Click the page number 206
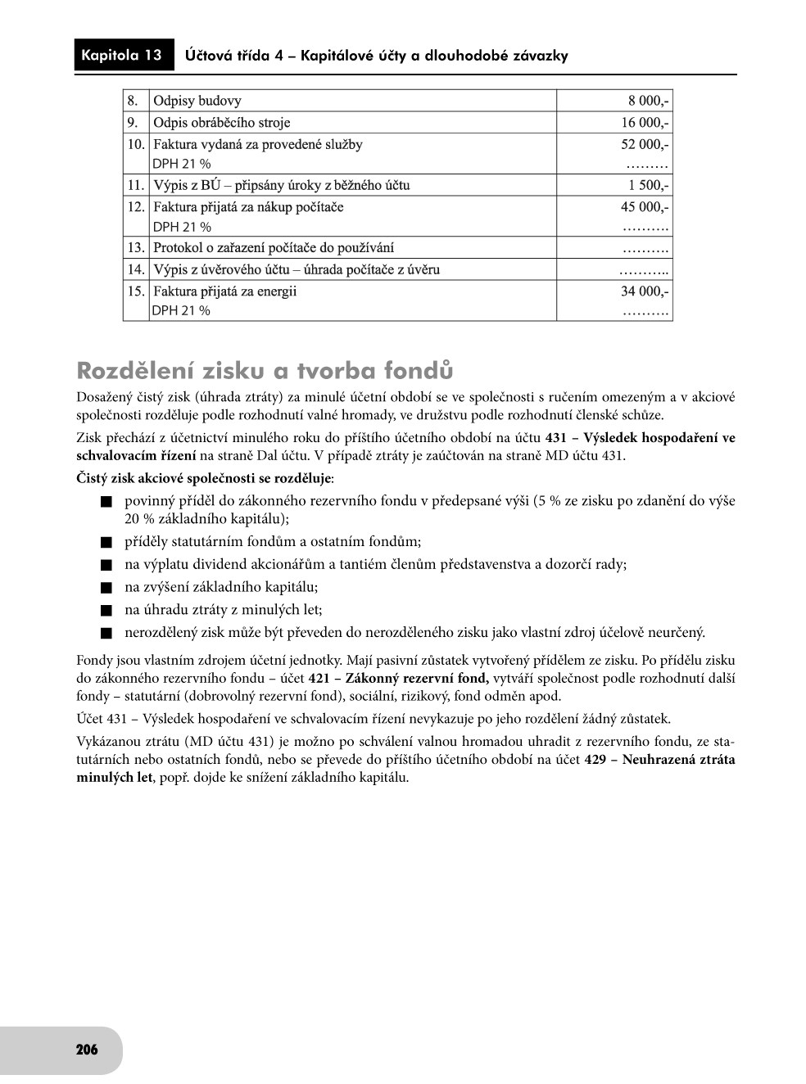click(87, 1050)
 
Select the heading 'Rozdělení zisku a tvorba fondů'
click(264, 371)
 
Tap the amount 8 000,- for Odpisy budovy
click(649, 101)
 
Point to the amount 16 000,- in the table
click(645, 123)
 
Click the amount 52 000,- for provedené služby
click(645, 144)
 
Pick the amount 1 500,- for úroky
click(649, 185)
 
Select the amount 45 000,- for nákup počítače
click(645, 207)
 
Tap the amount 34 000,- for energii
click(645, 291)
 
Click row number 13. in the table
click(135, 247)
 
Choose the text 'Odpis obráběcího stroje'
click(221, 123)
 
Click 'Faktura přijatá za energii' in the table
click(225, 291)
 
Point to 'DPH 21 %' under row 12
click(182, 227)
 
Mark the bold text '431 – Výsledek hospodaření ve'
click(640, 438)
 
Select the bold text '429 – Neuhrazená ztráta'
click(659, 759)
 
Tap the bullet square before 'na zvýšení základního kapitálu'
click(105, 588)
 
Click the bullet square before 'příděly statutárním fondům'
click(105, 542)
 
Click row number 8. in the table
click(133, 101)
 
